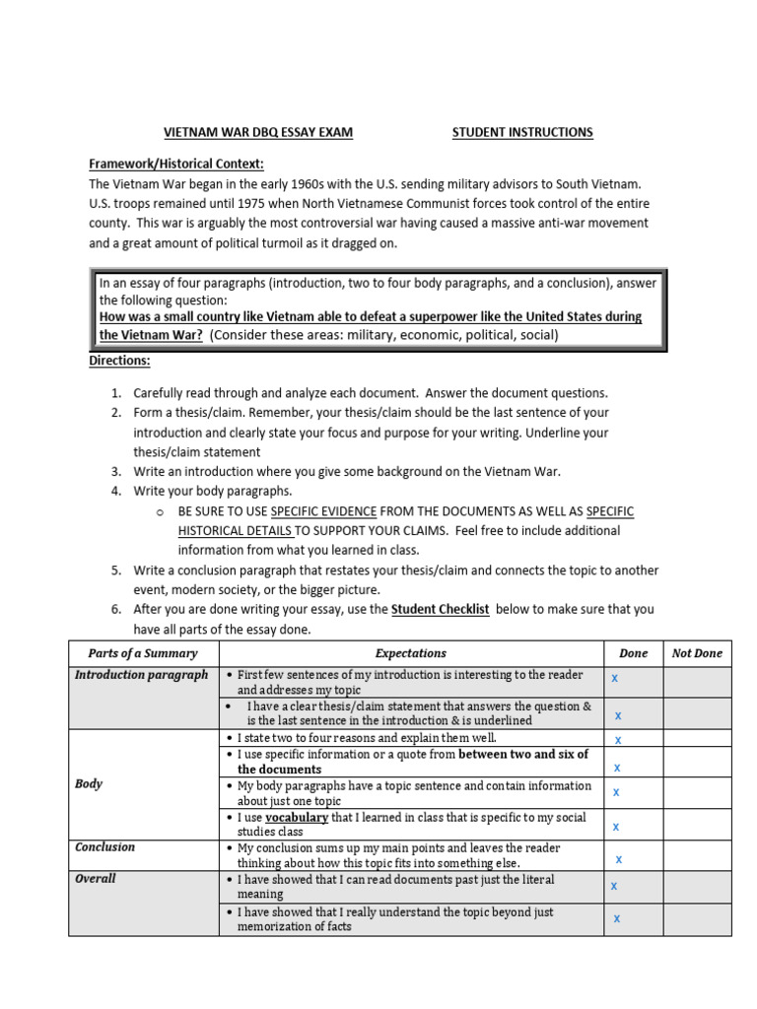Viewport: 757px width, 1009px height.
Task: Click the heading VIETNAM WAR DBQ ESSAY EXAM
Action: click(x=256, y=132)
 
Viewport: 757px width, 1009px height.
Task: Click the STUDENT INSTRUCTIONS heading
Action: click(x=522, y=132)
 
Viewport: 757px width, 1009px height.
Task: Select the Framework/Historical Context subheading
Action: click(x=176, y=164)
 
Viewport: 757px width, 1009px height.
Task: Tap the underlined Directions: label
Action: click(x=119, y=361)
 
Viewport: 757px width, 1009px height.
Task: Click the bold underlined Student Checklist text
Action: click(x=440, y=609)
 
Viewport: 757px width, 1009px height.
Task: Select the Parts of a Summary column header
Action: click(x=143, y=653)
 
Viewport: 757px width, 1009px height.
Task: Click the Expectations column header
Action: click(x=411, y=653)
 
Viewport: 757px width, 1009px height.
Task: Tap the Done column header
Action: click(x=633, y=653)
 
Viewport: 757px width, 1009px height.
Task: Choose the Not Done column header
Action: click(x=697, y=653)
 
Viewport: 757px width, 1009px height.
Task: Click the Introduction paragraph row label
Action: click(x=142, y=675)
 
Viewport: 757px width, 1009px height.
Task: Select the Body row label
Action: click(x=89, y=784)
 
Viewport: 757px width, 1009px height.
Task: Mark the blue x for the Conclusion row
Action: click(x=619, y=859)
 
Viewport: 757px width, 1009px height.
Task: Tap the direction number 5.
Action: click(x=115, y=571)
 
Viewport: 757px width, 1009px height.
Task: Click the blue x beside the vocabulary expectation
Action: click(x=616, y=827)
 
